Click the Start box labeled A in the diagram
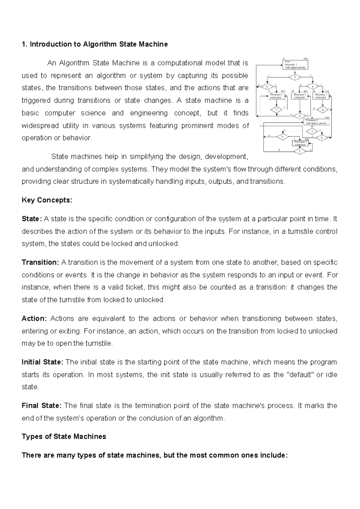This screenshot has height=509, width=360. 295,65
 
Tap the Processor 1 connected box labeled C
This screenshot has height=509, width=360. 276,96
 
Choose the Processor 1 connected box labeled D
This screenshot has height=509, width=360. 321,96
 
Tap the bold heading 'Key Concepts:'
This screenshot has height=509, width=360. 47,200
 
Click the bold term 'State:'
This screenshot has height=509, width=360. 32,219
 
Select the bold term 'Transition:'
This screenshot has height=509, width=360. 41,262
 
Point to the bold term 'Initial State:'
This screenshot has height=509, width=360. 42,362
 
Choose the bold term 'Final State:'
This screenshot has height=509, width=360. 42,405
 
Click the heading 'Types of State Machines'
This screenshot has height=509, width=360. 64,436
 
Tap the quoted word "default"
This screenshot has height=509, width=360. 301,375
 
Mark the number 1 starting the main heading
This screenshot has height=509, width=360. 23,44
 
